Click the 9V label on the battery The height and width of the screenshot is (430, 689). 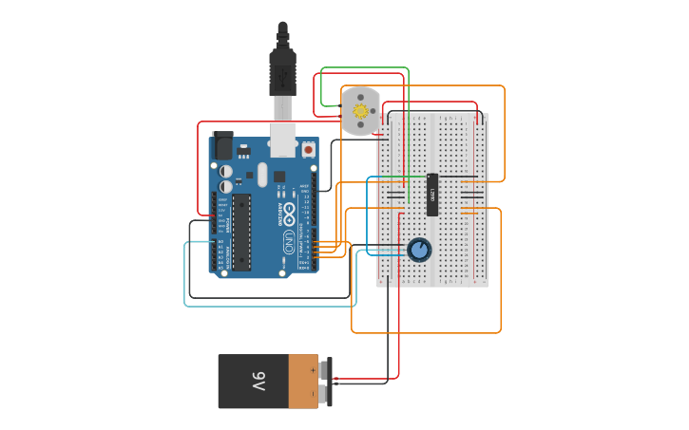[x=258, y=382]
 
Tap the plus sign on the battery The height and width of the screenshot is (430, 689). [x=313, y=370]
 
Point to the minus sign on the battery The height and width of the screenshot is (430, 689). [x=313, y=394]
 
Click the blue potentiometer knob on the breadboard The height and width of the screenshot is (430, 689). [x=419, y=250]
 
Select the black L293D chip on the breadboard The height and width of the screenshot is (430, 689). [x=432, y=195]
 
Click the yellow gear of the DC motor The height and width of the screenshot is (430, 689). [x=361, y=111]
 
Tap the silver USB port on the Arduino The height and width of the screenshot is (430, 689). [x=283, y=139]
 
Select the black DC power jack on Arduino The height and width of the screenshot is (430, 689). [x=222, y=145]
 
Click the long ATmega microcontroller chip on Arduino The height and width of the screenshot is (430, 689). [x=241, y=232]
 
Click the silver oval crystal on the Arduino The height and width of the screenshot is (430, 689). [x=262, y=174]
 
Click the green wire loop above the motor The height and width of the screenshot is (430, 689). [x=366, y=68]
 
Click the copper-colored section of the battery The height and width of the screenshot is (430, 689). [x=303, y=382]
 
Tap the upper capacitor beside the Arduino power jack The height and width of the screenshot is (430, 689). [x=227, y=172]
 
